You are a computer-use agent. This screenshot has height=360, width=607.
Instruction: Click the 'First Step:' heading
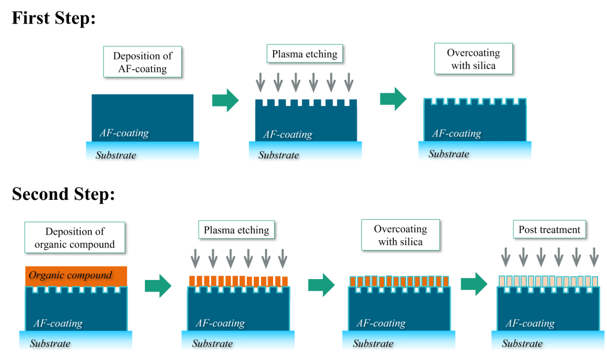point(54,18)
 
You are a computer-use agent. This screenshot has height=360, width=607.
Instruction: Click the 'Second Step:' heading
point(63,194)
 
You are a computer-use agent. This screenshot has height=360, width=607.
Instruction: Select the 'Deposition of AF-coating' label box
point(142,62)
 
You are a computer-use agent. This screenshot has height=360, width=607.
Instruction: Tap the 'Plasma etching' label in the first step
point(304,54)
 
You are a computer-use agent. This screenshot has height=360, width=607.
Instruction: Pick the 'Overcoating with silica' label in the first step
point(473,59)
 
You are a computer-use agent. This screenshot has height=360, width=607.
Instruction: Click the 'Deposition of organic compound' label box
point(75,238)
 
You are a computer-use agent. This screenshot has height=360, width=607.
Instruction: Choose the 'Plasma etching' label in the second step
point(236,230)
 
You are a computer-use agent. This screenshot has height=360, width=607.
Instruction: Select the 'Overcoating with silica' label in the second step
point(400,235)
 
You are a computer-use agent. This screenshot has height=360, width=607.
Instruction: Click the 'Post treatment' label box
point(549,230)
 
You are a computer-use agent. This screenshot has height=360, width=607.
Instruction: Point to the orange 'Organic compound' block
point(76,276)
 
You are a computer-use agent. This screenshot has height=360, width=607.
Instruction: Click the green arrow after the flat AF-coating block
point(225,100)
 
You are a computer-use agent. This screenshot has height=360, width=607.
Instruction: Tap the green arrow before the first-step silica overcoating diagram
point(393,99)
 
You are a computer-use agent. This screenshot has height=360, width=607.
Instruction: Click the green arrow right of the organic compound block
point(158,286)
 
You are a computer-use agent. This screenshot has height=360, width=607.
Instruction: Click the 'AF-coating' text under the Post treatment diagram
point(530,323)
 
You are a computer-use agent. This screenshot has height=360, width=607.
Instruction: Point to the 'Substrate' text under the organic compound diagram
point(50,344)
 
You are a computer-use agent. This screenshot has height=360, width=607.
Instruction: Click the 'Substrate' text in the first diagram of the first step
point(115,155)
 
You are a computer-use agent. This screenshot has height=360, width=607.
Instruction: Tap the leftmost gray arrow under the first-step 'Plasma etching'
point(261,82)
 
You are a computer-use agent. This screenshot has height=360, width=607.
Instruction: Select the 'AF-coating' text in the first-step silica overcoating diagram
point(457,134)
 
